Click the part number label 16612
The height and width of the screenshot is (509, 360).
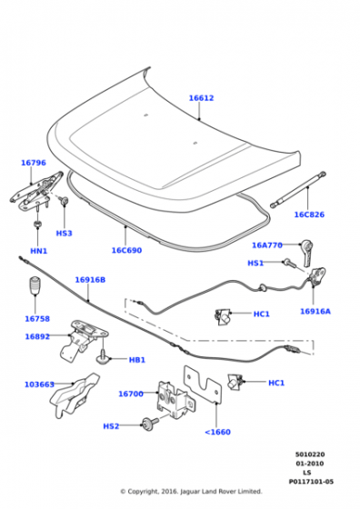coord(201,98)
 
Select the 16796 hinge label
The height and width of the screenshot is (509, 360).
coord(34,163)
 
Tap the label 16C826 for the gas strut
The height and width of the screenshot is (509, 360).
coord(309,215)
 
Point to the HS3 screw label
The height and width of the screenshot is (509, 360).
coord(64,233)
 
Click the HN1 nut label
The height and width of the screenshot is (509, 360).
coord(38,251)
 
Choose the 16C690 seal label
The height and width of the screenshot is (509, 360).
coord(126,250)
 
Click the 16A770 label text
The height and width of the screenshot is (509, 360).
coord(267,245)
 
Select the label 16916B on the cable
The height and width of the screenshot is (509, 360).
coord(90,280)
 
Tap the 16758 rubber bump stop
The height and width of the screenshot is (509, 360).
coord(35,285)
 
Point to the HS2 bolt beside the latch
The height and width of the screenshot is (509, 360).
coord(149,423)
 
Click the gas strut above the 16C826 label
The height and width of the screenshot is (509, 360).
coord(298,190)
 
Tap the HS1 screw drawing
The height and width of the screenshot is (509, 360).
coord(290,263)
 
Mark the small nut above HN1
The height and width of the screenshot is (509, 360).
coord(37,224)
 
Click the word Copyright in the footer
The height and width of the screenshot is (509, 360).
coord(142,492)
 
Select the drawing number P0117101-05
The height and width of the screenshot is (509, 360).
coord(311,482)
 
